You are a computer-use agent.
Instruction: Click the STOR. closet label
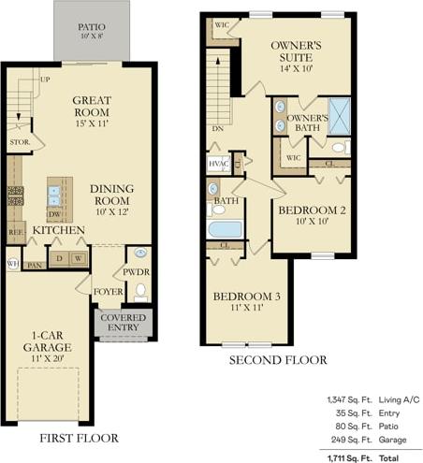tap(21, 143)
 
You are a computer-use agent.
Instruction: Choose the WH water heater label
tap(12, 264)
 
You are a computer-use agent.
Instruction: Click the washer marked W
tap(79, 259)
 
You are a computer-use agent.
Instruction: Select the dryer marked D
tap(59, 259)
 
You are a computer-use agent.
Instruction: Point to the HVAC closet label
tap(218, 164)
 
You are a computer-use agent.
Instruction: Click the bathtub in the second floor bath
tap(226, 227)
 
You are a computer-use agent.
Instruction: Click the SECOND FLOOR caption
tap(279, 360)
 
